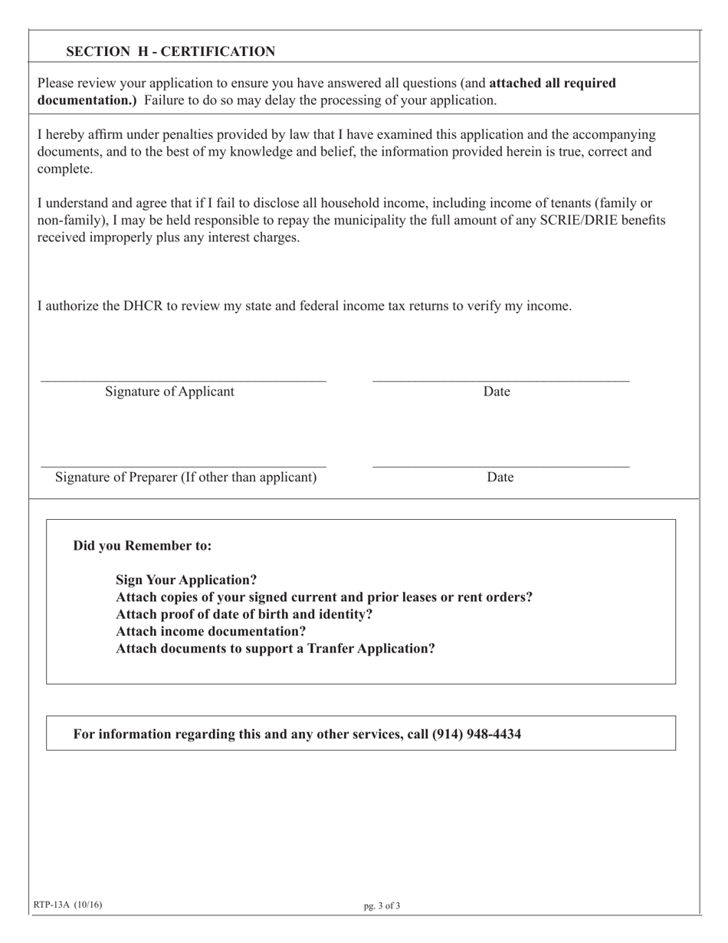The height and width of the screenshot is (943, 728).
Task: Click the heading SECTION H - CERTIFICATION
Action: (170, 51)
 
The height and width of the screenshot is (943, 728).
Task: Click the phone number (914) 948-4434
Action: (477, 734)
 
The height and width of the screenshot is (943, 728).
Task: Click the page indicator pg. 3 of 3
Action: (382, 905)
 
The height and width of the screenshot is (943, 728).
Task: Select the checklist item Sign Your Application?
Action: (186, 580)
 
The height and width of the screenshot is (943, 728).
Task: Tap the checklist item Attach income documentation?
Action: (211, 631)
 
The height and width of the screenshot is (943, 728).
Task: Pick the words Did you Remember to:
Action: (143, 546)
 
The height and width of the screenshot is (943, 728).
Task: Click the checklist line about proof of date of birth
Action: (244, 614)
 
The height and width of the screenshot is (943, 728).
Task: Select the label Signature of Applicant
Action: (170, 392)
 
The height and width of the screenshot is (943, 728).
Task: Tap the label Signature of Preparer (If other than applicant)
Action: (185, 478)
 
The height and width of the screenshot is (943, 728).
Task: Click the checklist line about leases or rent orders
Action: (324, 596)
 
